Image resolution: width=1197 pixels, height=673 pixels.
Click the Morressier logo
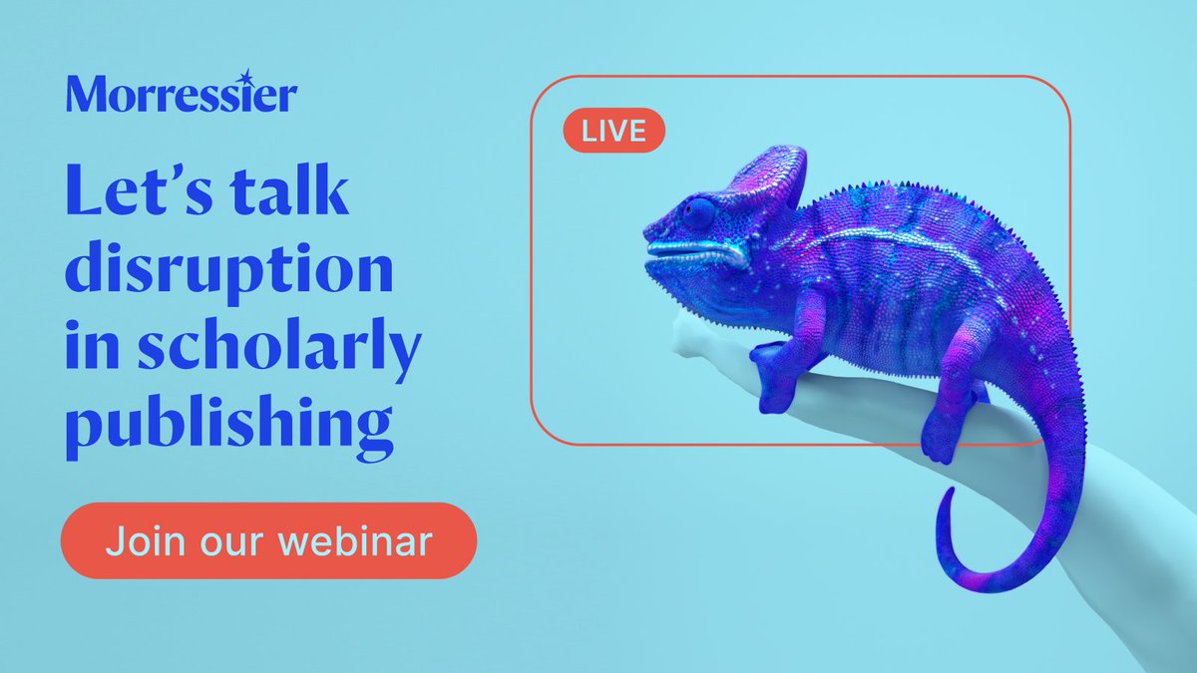coord(181,95)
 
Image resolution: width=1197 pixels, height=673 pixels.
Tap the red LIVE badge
coord(613,131)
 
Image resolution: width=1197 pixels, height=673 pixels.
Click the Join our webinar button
coord(268,542)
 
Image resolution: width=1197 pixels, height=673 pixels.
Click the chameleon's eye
coord(699,212)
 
